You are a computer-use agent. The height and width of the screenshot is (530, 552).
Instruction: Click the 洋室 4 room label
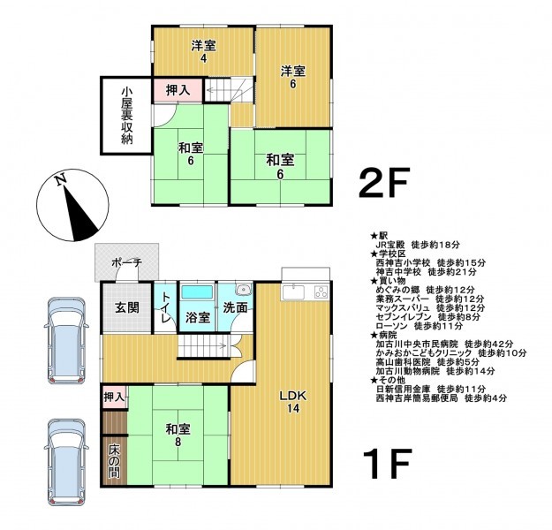(203, 51)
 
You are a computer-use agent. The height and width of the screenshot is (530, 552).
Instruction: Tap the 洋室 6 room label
(293, 77)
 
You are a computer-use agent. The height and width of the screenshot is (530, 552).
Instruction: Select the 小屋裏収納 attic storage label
(126, 116)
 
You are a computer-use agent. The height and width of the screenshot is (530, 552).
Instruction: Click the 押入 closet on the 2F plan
(178, 90)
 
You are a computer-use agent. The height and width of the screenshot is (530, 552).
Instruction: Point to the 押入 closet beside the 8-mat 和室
(115, 397)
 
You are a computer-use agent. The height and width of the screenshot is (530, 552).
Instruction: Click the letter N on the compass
(61, 180)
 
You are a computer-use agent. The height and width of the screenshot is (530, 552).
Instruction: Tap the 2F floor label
(384, 183)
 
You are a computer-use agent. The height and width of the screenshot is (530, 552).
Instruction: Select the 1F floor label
(387, 463)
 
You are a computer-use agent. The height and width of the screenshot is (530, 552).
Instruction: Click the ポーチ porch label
(126, 262)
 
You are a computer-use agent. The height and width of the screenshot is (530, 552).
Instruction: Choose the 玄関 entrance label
(127, 307)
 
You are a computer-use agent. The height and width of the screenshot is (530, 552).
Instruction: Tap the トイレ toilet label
(165, 307)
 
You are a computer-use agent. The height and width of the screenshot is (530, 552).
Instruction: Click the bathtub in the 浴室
(197, 291)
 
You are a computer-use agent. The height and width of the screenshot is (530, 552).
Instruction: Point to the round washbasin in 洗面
(243, 290)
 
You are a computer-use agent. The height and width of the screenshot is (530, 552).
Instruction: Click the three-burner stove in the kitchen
(321, 292)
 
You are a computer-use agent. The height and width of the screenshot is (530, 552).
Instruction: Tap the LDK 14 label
(293, 402)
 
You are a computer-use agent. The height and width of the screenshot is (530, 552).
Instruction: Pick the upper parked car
(66, 340)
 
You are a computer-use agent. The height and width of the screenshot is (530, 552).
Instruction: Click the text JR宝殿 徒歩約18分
(418, 245)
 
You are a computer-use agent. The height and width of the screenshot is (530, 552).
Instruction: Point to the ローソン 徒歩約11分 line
(420, 326)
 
